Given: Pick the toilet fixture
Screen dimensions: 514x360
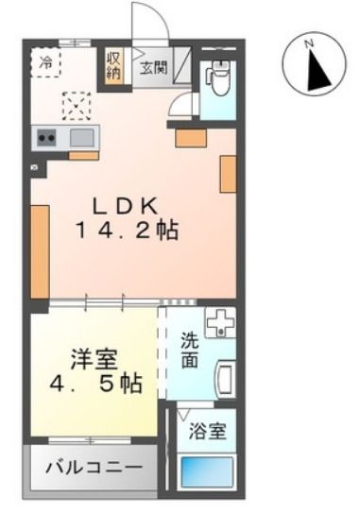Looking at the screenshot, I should click(218, 77).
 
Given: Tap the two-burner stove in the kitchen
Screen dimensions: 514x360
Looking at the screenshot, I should click(46, 138).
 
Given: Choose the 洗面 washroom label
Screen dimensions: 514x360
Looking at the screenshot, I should click(189, 352).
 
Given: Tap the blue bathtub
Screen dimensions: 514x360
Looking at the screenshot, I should click(208, 471).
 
